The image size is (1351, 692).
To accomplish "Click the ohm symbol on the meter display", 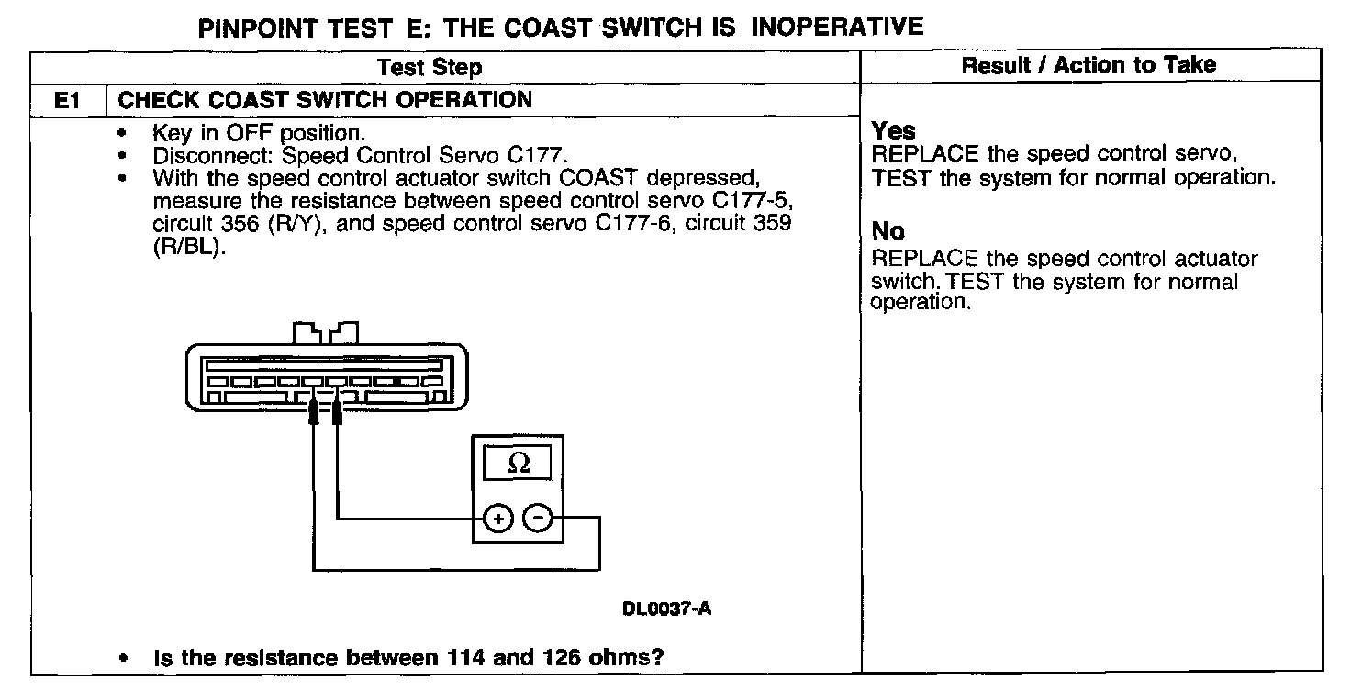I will [519, 464].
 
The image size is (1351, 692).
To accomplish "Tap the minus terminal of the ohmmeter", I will [537, 519].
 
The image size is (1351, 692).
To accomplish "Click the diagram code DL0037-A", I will [666, 608].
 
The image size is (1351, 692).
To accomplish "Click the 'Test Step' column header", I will [429, 67].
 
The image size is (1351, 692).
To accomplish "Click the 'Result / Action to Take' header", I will [1089, 65].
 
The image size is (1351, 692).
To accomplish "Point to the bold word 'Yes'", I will [893, 131].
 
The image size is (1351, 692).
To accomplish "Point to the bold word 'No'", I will [888, 231].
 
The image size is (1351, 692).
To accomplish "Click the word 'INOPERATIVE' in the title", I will [837, 28].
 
